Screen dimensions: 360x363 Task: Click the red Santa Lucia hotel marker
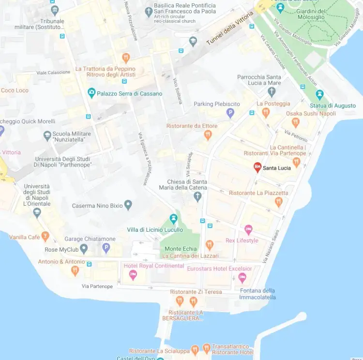257,167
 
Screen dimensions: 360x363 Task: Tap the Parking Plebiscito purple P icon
230,113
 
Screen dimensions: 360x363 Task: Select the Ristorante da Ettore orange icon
208,135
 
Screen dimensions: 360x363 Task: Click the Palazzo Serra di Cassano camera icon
91,93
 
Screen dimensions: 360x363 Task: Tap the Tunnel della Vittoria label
230,29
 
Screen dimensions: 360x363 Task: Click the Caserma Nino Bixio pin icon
128,205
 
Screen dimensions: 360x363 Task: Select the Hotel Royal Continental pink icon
133,275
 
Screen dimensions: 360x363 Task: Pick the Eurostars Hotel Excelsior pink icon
242,278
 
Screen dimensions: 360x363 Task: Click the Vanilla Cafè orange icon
45,237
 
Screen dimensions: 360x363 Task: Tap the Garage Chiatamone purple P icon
106,249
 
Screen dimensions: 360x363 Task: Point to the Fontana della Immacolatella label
257,294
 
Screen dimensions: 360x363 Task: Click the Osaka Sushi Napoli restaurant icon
295,122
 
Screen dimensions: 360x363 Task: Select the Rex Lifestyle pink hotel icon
248,229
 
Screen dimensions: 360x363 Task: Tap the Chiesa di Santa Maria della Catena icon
197,196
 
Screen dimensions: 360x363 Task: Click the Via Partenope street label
97,286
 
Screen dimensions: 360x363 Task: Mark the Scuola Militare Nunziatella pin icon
47,135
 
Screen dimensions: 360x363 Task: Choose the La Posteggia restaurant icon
265,113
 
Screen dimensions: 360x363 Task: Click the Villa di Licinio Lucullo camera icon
173,219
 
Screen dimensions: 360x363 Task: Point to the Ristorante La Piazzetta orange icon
278,202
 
